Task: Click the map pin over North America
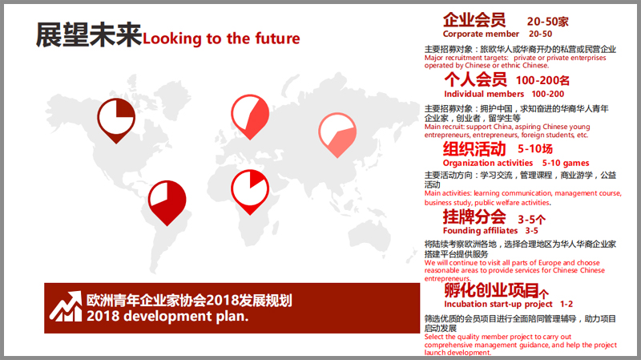[116, 120]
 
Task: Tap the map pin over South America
[167, 203]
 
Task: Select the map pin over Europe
[250, 116]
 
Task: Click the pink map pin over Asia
[337, 135]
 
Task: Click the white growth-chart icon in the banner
[66, 306]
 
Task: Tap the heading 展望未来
[89, 34]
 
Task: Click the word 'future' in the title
[277, 38]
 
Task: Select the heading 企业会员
[474, 19]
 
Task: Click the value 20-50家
[548, 22]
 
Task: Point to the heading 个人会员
[475, 79]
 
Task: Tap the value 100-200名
[543, 81]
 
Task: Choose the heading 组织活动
[474, 149]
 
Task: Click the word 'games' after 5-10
[576, 164]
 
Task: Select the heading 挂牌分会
[474, 216]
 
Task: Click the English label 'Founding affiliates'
[480, 231]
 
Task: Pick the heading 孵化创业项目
[492, 290]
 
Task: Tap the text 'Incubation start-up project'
[498, 305]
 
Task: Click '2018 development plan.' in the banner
[167, 316]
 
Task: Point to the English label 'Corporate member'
[482, 34]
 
